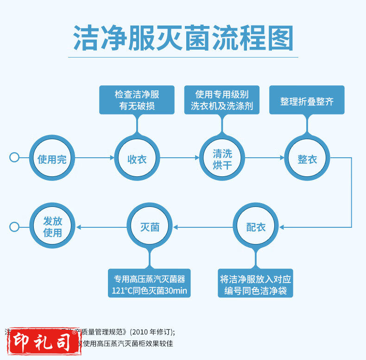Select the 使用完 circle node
tap(52, 158)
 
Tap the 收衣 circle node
tap(137, 158)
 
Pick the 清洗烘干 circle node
tap(222, 158)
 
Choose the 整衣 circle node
tap(307, 158)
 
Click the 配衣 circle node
tap(256, 227)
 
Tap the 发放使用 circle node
tap(52, 227)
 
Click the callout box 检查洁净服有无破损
tap(137, 100)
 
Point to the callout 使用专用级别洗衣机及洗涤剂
tap(222, 100)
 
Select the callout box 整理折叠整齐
tap(307, 100)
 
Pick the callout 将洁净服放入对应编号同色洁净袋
tap(256, 285)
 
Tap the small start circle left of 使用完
tap(14, 157)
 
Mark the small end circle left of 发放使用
tap(14, 227)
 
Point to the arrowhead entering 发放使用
tap(78, 227)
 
